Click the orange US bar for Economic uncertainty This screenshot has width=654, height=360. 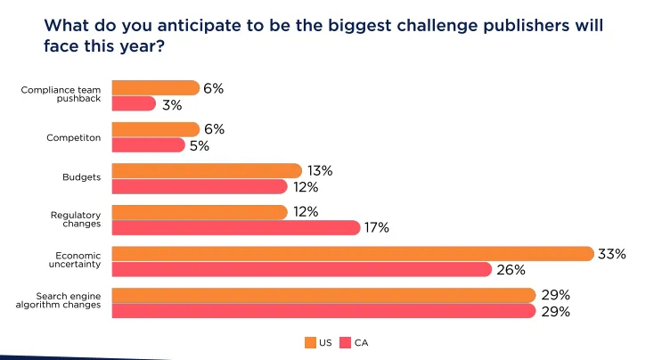(352, 254)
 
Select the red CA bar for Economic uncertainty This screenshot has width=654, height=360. (301, 270)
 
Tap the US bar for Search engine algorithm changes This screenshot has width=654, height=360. (323, 295)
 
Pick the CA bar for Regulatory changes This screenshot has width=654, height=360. (235, 228)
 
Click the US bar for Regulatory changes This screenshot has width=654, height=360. (199, 212)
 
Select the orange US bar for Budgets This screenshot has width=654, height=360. (206, 170)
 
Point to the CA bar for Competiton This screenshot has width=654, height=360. (148, 145)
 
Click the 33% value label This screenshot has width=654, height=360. (611, 254)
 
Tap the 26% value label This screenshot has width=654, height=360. (510, 270)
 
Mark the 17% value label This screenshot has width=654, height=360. (377, 228)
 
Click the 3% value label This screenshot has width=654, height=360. (171, 104)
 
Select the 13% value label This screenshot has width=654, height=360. (319, 170)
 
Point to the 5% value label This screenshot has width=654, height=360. (199, 145)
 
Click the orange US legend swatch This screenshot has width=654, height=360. (310, 342)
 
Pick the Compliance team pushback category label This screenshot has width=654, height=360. (68, 94)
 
